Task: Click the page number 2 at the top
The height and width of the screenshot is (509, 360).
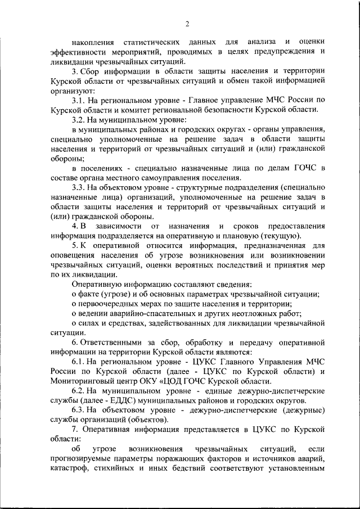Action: pyautogui.click(x=187, y=23)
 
